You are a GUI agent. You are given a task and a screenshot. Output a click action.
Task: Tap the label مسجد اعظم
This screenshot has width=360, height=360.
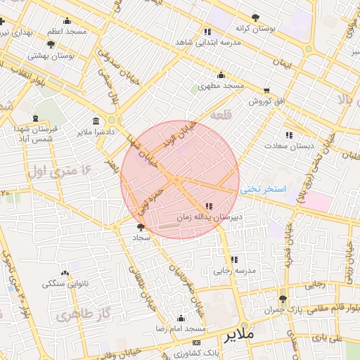(67, 32)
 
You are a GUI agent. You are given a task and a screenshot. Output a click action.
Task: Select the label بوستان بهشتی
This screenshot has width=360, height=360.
(51, 55)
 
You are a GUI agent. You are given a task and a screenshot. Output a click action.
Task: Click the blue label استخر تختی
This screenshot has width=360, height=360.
(264, 190)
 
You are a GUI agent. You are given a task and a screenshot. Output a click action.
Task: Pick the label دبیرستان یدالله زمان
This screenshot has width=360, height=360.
(208, 218)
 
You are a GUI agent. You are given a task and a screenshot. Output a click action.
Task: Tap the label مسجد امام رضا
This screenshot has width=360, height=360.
(181, 329)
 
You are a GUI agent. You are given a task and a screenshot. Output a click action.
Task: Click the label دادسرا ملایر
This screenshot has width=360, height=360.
(96, 132)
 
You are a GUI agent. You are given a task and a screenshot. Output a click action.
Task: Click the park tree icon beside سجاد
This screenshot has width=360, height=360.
(141, 227)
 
